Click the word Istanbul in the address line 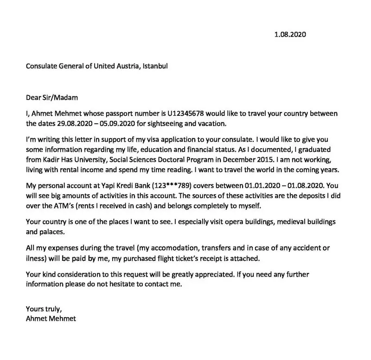coord(154,66)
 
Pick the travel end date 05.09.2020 coord(115,124)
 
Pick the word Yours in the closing coord(35,309)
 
